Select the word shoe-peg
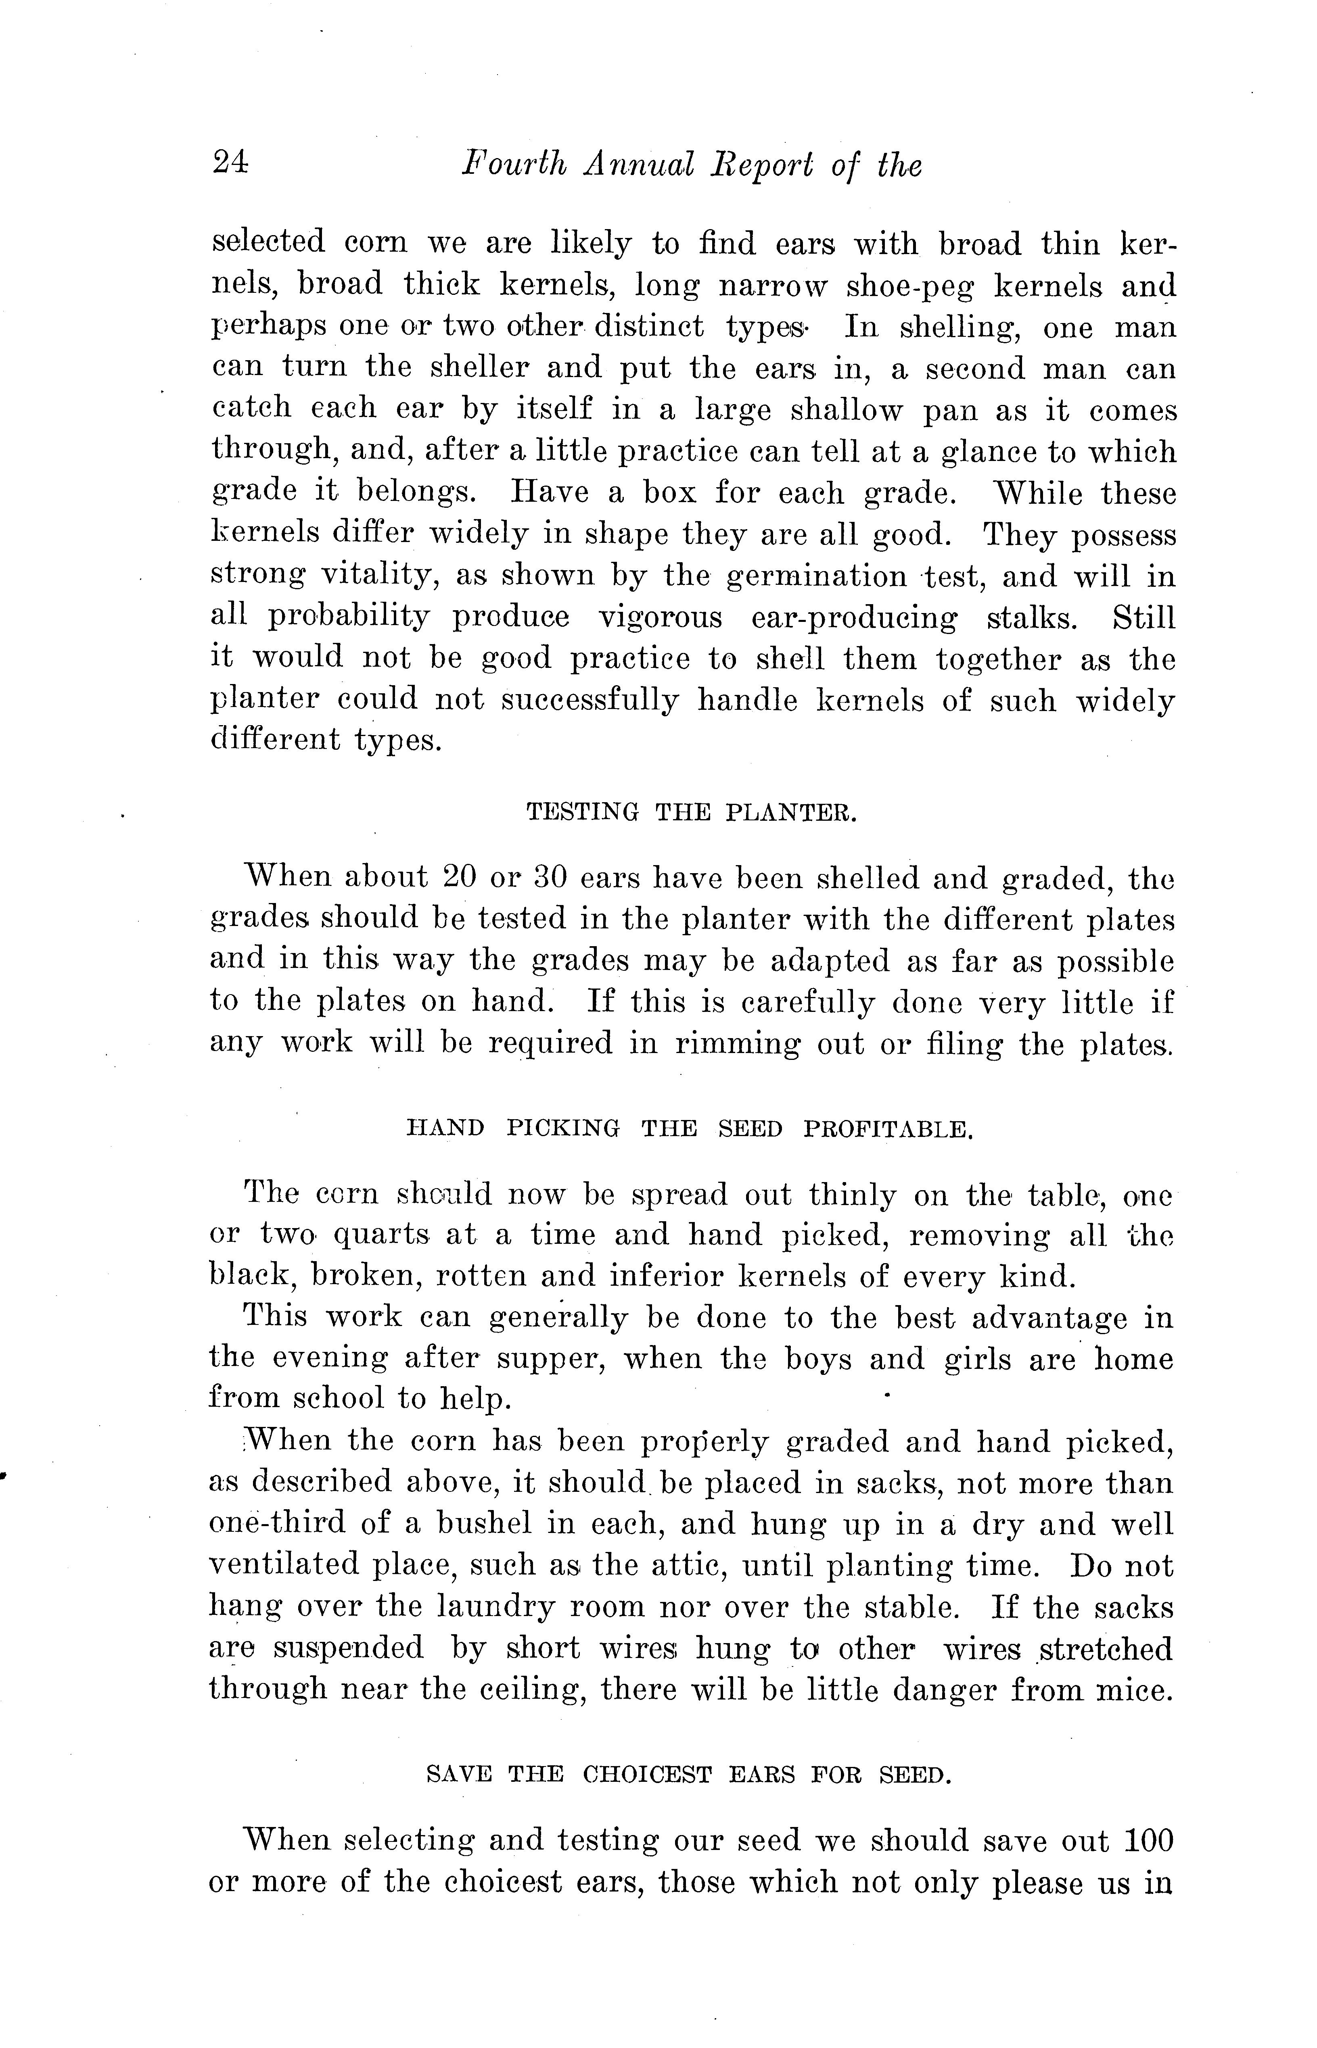(x=910, y=286)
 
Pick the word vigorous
(x=659, y=617)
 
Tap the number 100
(x=1148, y=1840)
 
